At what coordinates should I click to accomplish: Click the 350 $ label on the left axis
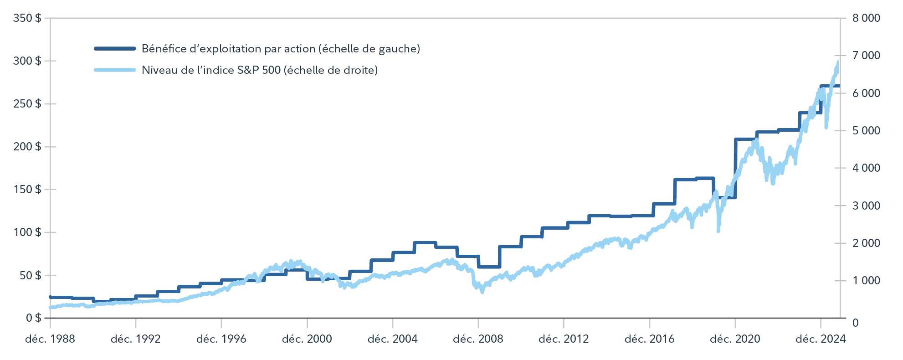(x=27, y=18)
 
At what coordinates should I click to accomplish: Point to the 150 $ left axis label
(x=27, y=189)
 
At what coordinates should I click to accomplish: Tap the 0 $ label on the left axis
(x=33, y=318)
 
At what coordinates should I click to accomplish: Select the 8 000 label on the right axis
(x=866, y=18)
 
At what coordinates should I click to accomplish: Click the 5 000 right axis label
(x=866, y=131)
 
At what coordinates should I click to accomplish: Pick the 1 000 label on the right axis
(x=866, y=281)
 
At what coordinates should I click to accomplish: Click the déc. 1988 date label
(x=50, y=339)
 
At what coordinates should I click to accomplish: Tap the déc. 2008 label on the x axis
(x=478, y=339)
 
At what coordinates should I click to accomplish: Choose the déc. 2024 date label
(x=820, y=339)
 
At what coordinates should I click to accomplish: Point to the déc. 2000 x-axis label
(x=307, y=339)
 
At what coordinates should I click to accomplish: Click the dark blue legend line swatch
(x=115, y=49)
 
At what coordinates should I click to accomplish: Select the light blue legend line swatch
(x=115, y=70)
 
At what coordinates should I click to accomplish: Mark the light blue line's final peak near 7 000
(x=837, y=62)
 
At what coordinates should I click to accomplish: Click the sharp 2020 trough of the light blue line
(x=718, y=231)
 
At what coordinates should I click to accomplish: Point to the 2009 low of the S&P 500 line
(x=482, y=292)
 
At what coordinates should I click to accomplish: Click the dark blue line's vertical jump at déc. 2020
(x=735, y=169)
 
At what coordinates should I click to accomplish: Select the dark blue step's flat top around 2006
(x=425, y=243)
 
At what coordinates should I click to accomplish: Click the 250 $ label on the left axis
(x=27, y=104)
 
